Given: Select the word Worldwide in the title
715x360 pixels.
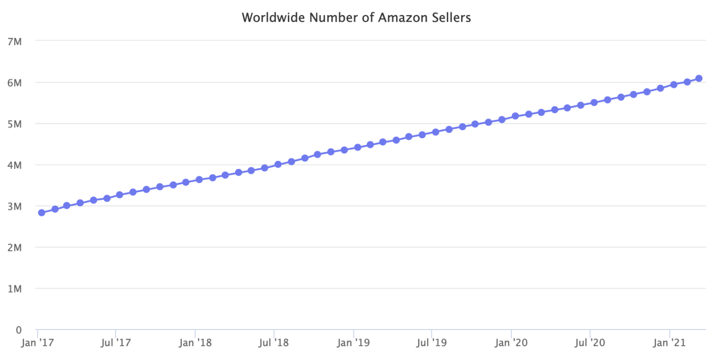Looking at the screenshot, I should pos(271,18).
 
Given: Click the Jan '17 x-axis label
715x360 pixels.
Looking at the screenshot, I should pos(37,343).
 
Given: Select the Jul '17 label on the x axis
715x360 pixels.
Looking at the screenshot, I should pos(116,343).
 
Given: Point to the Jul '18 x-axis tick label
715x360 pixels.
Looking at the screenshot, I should pos(274,343).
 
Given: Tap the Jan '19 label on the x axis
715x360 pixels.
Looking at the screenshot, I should pos(353,343).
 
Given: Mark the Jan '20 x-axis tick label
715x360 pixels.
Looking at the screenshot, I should pos(511,343).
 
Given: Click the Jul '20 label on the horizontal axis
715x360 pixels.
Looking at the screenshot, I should pos(590,343).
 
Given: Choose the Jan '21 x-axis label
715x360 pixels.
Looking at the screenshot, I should pos(670,343).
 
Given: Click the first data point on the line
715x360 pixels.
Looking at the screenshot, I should pos(42,213).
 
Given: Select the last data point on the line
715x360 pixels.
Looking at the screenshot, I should pos(699,78).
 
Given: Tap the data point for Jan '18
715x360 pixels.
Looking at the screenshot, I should pos(199,180).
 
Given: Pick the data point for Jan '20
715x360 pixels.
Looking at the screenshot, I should pos(515,116).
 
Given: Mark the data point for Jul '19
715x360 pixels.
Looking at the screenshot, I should pos(435,132).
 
